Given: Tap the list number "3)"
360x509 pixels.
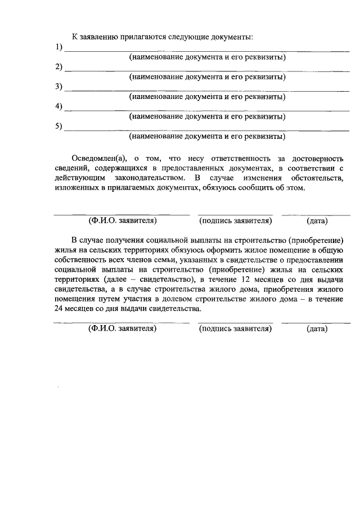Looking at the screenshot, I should [x=58, y=87].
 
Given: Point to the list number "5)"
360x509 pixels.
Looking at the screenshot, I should [x=58, y=126].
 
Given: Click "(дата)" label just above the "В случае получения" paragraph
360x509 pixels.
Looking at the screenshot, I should [x=317, y=220].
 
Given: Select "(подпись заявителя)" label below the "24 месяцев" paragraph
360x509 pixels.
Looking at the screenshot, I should [x=235, y=328].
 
